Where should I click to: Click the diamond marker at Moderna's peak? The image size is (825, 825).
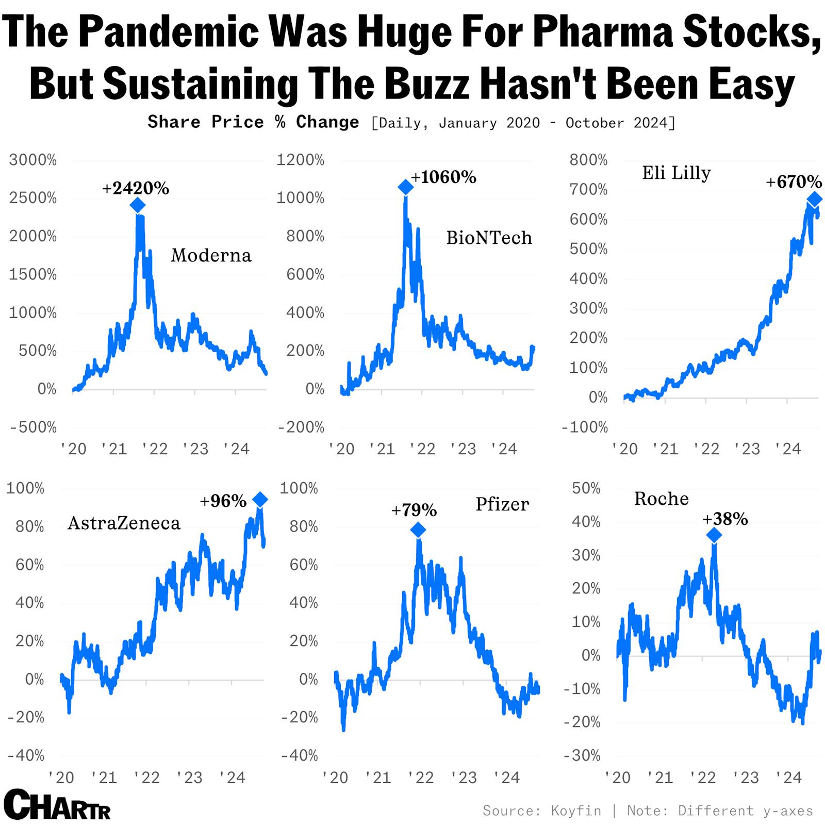(x=137, y=205)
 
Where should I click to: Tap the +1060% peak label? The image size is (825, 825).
(x=443, y=177)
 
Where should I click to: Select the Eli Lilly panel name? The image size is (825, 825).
(x=676, y=173)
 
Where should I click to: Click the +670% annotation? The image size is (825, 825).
(x=793, y=181)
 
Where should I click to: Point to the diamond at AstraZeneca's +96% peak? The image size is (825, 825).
(x=260, y=499)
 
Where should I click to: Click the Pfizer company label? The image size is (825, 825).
(x=502, y=504)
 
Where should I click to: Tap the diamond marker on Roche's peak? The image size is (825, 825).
(x=714, y=535)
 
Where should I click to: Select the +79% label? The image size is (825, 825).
(x=414, y=510)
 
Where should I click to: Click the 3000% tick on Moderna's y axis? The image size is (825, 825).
(x=33, y=160)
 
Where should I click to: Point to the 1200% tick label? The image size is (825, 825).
(x=300, y=160)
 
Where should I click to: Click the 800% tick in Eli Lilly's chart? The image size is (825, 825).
(x=588, y=160)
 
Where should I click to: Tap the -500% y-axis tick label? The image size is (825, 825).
(x=33, y=427)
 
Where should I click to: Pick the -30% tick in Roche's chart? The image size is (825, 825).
(x=582, y=755)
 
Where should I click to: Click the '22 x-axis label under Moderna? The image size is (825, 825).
(x=155, y=449)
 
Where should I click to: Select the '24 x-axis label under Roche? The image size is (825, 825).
(x=788, y=778)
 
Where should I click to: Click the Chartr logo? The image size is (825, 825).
(x=57, y=805)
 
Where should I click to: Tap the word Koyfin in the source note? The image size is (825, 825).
(x=576, y=811)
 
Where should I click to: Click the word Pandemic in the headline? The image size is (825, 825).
(x=170, y=32)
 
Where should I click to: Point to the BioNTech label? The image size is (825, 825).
(x=488, y=238)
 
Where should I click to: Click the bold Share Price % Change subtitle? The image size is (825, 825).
(x=253, y=122)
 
